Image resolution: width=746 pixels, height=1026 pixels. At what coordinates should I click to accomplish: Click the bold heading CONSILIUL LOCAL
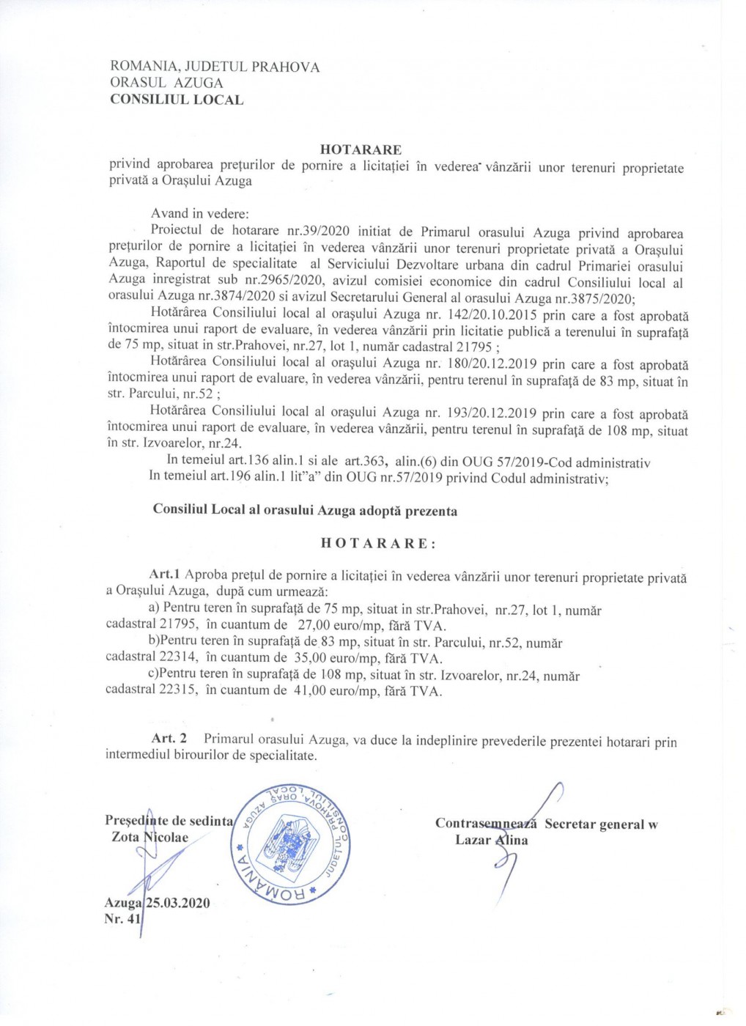[x=177, y=100]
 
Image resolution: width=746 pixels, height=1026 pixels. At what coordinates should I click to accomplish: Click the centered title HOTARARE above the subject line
[x=361, y=150]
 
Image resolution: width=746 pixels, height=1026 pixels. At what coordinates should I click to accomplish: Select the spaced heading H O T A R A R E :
[x=378, y=543]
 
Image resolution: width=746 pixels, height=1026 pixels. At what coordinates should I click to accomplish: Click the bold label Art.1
[x=164, y=575]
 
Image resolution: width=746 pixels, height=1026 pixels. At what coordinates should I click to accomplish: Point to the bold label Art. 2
[x=169, y=739]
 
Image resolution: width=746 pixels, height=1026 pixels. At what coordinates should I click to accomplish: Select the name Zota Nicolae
[x=149, y=837]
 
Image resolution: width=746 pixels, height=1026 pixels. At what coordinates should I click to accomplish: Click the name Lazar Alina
[x=491, y=840]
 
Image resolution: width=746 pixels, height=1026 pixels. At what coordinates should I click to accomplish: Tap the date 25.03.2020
[x=178, y=903]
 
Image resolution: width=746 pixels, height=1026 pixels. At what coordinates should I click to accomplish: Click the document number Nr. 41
[x=122, y=919]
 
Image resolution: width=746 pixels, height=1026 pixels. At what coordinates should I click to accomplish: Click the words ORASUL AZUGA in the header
[x=166, y=83]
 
